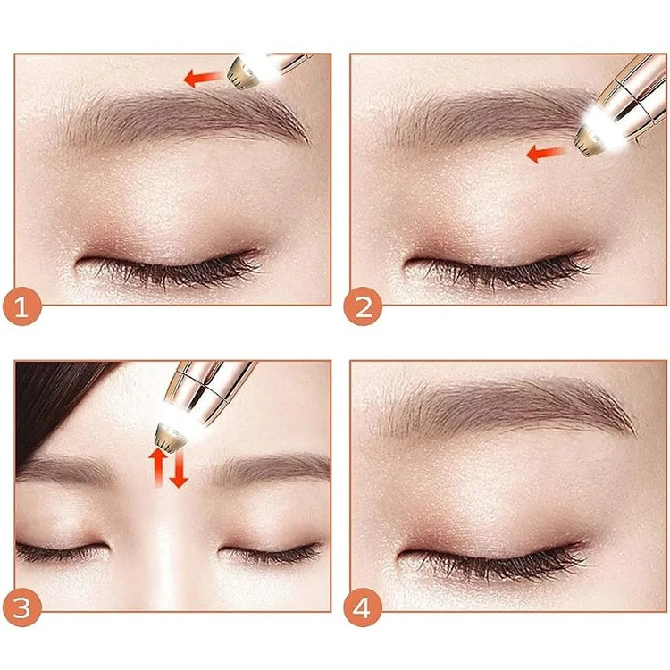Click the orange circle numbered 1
pos(22,306)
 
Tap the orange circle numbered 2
pos(364,306)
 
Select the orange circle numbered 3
pos(22,607)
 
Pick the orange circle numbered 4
pos(364,607)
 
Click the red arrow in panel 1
pos(203,79)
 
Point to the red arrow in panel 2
pos(545,154)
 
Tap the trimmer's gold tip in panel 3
pos(170,436)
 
